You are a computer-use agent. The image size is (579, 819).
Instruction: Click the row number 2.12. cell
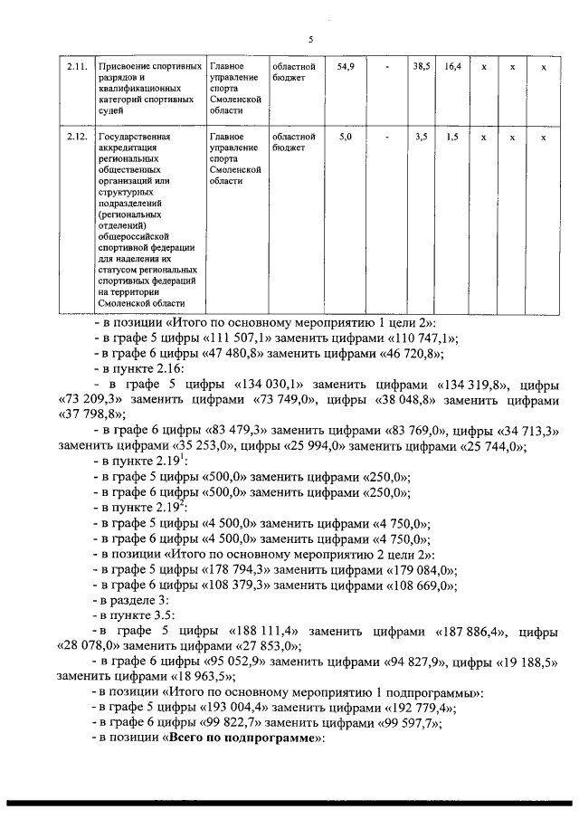pos(78,137)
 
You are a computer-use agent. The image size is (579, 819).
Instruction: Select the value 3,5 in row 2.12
pos(421,137)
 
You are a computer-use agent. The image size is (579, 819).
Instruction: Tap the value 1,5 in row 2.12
pos(451,137)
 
